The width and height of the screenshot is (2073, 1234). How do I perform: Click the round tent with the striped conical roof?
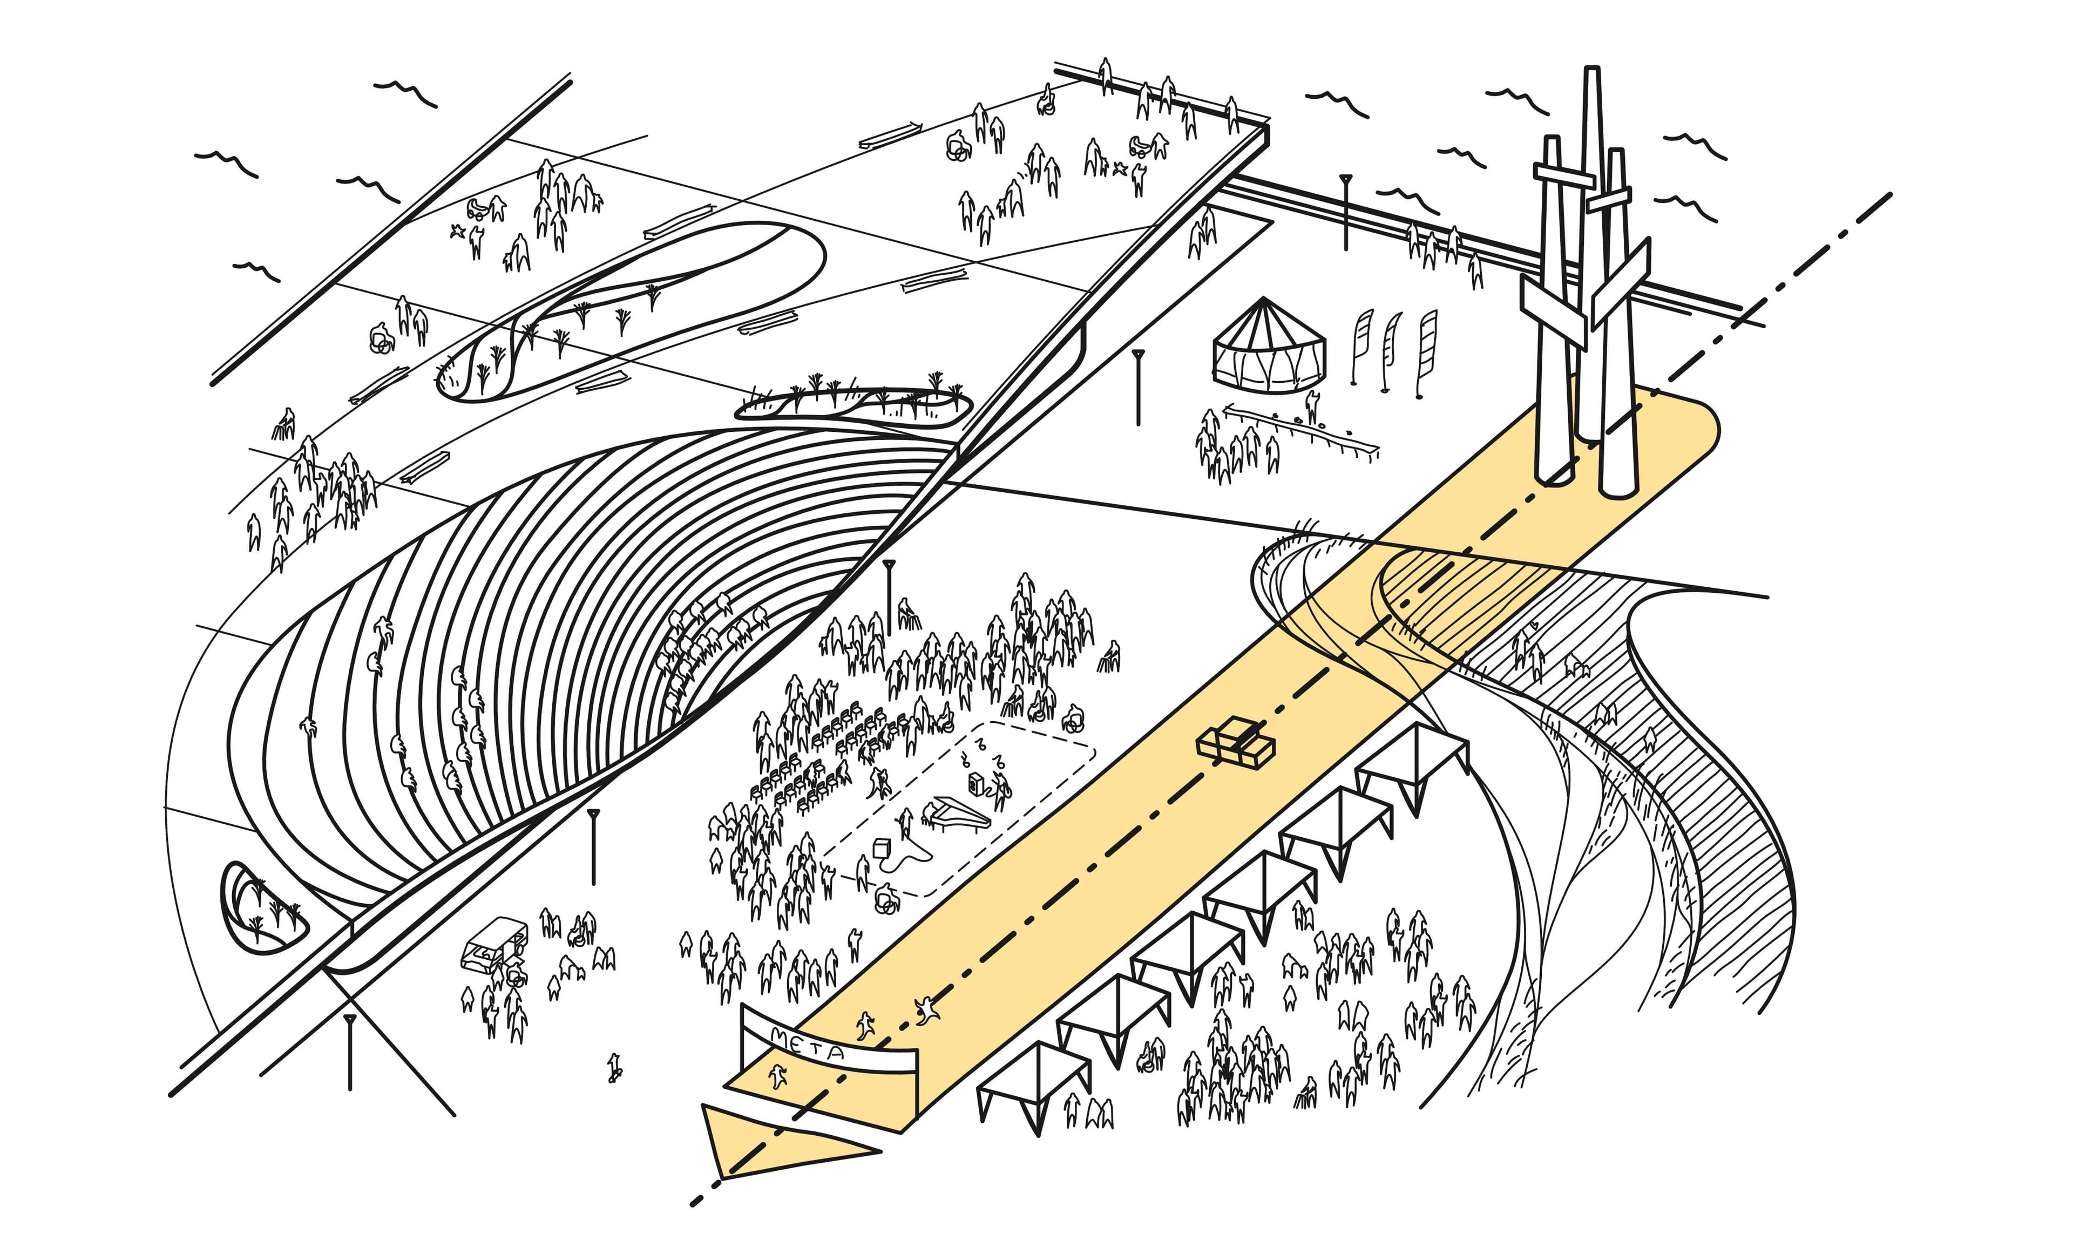[1268, 349]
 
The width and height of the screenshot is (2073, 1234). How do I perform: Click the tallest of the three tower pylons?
[1591, 249]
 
